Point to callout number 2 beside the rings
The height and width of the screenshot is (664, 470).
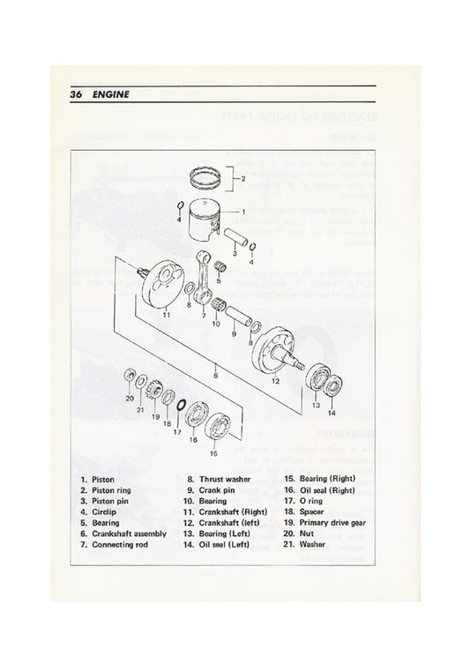[243, 179]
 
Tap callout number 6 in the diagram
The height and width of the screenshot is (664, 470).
[214, 375]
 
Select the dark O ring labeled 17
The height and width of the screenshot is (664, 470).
[179, 405]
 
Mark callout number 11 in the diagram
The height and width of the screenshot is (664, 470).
[164, 314]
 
